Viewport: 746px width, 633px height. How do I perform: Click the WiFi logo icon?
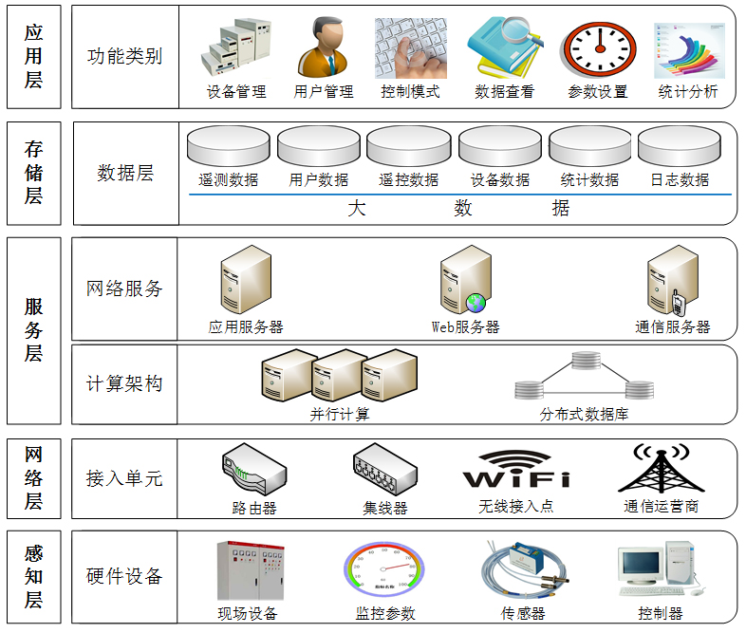pyautogui.click(x=516, y=470)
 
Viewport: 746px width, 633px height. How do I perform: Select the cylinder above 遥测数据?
pyautogui.click(x=229, y=148)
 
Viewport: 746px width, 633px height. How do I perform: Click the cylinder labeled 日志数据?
pyautogui.click(x=679, y=148)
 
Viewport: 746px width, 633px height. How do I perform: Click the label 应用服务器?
pyautogui.click(x=246, y=327)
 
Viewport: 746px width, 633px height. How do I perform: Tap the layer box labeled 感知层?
pyautogui.click(x=34, y=576)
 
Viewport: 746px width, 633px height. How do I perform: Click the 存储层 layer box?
pyautogui.click(x=34, y=173)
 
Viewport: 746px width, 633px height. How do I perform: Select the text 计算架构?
pyautogui.click(x=124, y=383)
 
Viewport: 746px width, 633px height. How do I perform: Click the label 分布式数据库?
pyautogui.click(x=584, y=415)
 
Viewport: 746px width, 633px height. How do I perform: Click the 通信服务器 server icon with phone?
pyautogui.click(x=671, y=281)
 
